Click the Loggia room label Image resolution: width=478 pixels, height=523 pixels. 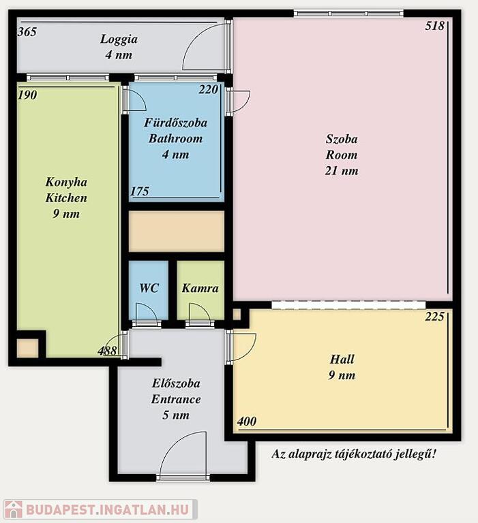(x=119, y=39)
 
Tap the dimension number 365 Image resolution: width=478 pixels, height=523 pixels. (x=27, y=32)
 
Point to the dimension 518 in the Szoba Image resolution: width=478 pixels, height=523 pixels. (x=434, y=26)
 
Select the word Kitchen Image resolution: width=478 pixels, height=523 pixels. (x=66, y=197)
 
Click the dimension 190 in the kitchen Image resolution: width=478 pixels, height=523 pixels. (x=27, y=95)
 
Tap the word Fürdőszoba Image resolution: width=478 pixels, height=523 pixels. (x=176, y=123)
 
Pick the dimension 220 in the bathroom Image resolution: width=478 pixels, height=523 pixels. (x=209, y=89)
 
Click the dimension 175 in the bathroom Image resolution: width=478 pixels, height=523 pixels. (x=139, y=191)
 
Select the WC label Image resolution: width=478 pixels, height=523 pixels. (x=149, y=288)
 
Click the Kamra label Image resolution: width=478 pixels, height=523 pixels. (x=200, y=288)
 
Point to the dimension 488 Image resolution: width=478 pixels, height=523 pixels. (x=107, y=351)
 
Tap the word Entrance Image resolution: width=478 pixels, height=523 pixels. (x=176, y=399)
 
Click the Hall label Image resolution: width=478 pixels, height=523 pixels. (x=342, y=360)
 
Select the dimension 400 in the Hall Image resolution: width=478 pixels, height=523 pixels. (x=247, y=422)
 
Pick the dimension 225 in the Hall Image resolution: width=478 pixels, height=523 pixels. (x=434, y=317)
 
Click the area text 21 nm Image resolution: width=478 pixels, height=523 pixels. (x=342, y=171)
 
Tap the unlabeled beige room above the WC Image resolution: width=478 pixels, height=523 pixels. (x=177, y=232)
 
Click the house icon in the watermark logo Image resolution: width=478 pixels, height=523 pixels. (x=14, y=509)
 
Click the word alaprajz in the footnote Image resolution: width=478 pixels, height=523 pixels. (x=310, y=454)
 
